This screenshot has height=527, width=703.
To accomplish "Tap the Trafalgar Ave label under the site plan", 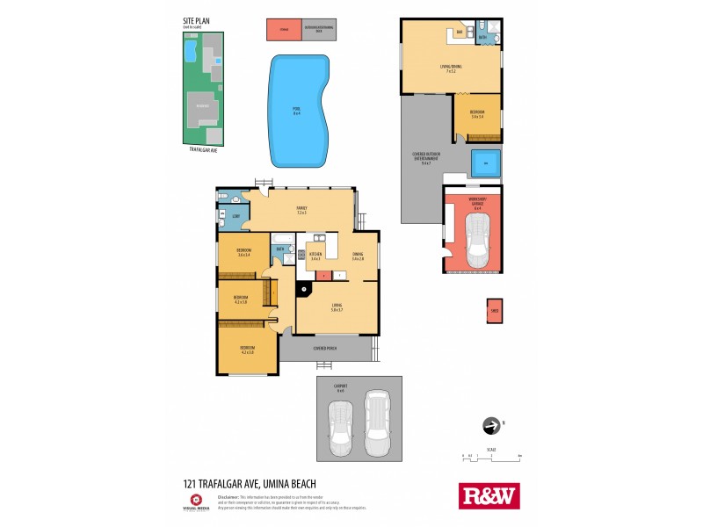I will [x=203, y=150].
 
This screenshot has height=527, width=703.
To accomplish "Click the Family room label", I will [x=301, y=210].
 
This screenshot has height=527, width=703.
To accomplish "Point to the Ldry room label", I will [x=236, y=216].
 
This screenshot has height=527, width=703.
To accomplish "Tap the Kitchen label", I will [x=316, y=256].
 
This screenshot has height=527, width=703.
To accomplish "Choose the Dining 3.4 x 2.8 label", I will [x=358, y=256].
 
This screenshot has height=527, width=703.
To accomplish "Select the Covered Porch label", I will [x=325, y=348].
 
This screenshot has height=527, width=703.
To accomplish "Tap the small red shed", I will [x=494, y=311].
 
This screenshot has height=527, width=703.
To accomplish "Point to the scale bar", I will [x=492, y=458].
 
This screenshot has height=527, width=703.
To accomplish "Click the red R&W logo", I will [x=489, y=495].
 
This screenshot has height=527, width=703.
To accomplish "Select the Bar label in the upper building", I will [x=459, y=34].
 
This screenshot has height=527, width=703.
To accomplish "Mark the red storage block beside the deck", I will [x=284, y=30].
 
